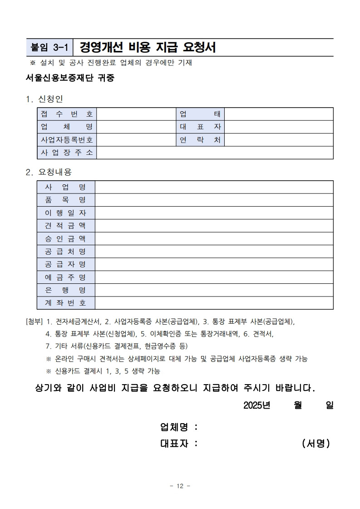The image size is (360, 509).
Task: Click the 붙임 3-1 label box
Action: point(49,47)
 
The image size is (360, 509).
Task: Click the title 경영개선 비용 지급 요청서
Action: point(148,47)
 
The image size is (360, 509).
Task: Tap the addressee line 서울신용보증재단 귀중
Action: point(70,78)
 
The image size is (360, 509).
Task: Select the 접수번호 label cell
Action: point(67,114)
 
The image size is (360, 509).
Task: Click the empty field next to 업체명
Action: point(136,127)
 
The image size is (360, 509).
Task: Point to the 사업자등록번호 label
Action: point(67,140)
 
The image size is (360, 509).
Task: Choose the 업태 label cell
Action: point(200,114)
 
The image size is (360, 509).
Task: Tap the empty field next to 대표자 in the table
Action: point(279,127)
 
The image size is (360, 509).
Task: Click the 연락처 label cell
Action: point(200,140)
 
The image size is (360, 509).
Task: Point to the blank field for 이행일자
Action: point(214,213)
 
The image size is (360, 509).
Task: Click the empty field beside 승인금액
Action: point(214,238)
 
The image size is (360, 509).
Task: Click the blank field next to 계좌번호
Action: point(214,303)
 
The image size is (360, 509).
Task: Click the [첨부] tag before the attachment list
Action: point(35,322)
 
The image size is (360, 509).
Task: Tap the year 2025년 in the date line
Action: point(257,405)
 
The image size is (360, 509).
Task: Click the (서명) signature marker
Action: point(316,444)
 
